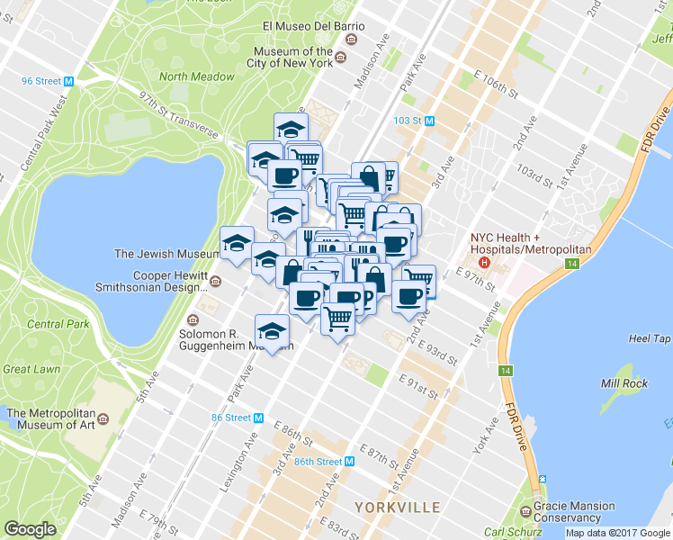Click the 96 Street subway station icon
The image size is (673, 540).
[68, 81]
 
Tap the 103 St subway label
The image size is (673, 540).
[408, 120]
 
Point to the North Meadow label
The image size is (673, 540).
[197, 77]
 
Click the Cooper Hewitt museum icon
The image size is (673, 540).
[215, 282]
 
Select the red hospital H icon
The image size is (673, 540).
[485, 263]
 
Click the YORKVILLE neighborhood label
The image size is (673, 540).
[397, 508]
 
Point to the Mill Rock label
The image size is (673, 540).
[624, 383]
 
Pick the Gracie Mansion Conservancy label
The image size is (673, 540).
[575, 511]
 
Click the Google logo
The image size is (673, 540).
[31, 529]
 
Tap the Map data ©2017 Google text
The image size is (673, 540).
[618, 533]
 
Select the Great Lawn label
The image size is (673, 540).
[32, 368]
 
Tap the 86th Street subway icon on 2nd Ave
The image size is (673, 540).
[351, 461]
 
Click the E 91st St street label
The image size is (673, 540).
[418, 389]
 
